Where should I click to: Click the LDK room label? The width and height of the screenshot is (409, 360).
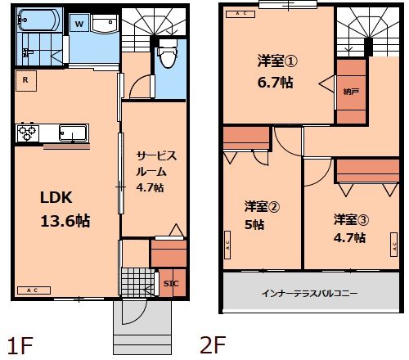pos(58,196)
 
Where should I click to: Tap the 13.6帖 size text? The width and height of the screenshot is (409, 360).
pos(65,220)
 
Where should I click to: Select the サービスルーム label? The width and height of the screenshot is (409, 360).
pos(156,164)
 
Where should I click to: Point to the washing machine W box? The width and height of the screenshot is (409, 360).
pos(79,25)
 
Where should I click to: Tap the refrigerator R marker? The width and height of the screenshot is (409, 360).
pos(26,79)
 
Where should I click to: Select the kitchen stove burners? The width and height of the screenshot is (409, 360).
pos(26,132)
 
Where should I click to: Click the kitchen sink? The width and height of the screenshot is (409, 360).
pos(74,133)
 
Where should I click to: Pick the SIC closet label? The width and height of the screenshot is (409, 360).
pos(170,283)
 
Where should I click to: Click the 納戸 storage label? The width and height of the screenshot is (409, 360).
pos(350,91)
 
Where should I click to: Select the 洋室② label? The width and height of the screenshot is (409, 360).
pos(262,205)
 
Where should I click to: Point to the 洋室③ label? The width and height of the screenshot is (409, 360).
pos(350,219)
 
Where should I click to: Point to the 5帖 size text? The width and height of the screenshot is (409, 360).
pos(254,223)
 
